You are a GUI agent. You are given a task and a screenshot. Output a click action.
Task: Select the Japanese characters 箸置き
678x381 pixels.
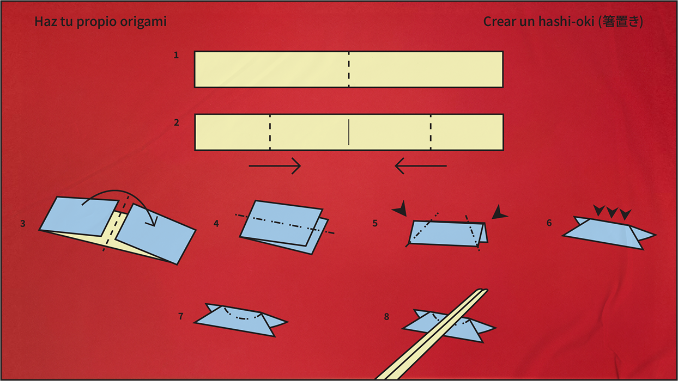click(x=620, y=21)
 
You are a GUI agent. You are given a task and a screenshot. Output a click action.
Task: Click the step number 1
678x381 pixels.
click(x=176, y=55)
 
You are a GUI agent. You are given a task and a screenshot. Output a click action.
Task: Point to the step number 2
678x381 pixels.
click(x=177, y=122)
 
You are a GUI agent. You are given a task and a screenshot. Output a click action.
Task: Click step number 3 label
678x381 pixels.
click(x=23, y=224)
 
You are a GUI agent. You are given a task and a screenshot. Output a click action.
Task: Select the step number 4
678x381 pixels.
click(x=216, y=224)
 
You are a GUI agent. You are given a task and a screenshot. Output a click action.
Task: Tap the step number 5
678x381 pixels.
click(x=375, y=223)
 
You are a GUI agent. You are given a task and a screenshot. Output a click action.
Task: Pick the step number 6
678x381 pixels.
click(x=549, y=223)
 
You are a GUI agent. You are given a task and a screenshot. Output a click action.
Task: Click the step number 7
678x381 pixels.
click(x=181, y=316)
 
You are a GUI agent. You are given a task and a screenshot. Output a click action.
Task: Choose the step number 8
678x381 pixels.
click(x=386, y=317)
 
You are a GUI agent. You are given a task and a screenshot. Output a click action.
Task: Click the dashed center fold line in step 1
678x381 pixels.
click(x=349, y=69)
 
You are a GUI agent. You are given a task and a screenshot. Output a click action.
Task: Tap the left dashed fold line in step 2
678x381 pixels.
click(x=270, y=132)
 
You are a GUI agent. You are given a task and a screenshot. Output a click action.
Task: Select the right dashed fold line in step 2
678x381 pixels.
click(x=431, y=132)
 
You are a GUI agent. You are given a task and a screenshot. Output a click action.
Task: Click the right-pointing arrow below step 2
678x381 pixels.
click(x=275, y=165)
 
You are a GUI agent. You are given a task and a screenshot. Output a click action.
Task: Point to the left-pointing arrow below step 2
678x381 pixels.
click(x=421, y=165)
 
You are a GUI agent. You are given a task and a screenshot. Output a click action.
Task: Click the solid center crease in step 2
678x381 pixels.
click(x=349, y=132)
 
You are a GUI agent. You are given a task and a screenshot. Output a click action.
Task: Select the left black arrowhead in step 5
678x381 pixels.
click(x=400, y=208)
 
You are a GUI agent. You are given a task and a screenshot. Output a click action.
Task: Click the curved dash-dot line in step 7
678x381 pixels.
click(x=242, y=318)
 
